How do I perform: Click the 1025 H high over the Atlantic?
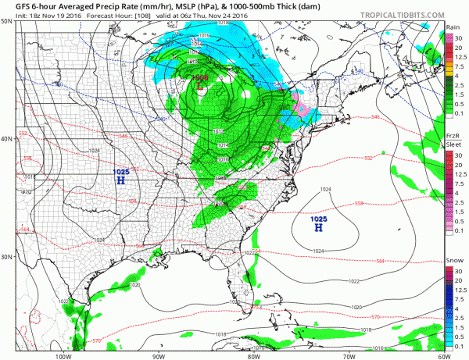click(318, 223)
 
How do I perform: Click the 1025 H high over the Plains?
click(120, 176)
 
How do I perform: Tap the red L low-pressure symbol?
click(201, 87)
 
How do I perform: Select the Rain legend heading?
click(452, 27)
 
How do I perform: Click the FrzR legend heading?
click(452, 135)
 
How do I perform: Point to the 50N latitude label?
click(6, 21)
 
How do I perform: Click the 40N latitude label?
click(6, 139)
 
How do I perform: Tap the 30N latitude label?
click(6, 257)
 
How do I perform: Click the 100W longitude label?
click(64, 355)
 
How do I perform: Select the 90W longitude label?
click(159, 355)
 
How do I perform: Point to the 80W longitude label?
click(253, 355)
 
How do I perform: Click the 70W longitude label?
click(349, 355)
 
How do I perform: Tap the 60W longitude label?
click(443, 355)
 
